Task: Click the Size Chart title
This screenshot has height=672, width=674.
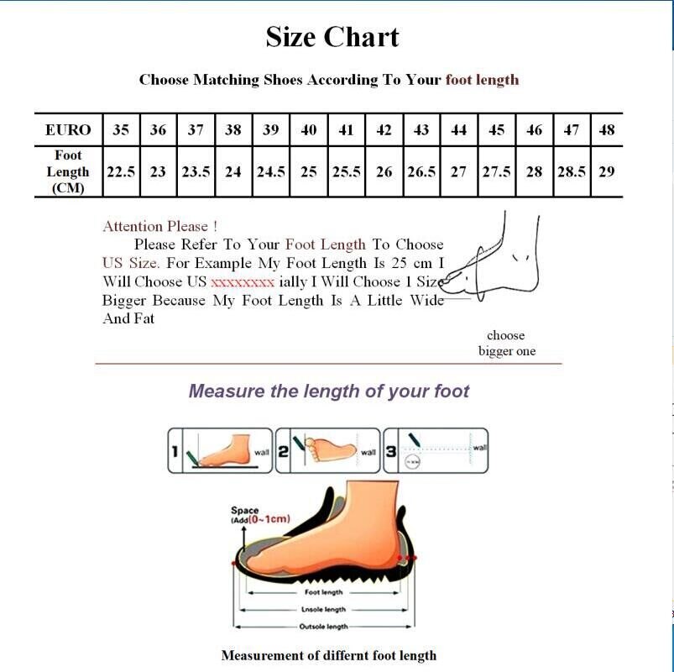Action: [x=332, y=37]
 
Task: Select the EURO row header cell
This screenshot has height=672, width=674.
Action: [x=68, y=130]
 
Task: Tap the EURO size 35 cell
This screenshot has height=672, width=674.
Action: [x=122, y=130]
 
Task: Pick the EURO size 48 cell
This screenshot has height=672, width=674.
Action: [x=607, y=130]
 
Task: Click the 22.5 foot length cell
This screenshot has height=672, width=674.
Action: [x=122, y=171]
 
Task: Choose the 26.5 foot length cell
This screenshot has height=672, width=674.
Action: [x=421, y=171]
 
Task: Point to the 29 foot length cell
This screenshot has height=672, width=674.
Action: [x=607, y=171]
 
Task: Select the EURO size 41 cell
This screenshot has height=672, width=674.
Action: [x=346, y=130]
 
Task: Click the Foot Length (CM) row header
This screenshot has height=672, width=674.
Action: [x=68, y=171]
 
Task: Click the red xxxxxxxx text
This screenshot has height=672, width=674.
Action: [x=243, y=282]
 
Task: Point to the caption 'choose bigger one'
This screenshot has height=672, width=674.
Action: [x=506, y=343]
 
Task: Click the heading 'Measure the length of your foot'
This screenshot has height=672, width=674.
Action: [x=329, y=391]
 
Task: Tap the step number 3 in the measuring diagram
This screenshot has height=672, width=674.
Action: [x=391, y=452]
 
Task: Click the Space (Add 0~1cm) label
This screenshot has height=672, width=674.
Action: [x=259, y=515]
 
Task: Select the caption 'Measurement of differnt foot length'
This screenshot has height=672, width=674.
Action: [x=329, y=655]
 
